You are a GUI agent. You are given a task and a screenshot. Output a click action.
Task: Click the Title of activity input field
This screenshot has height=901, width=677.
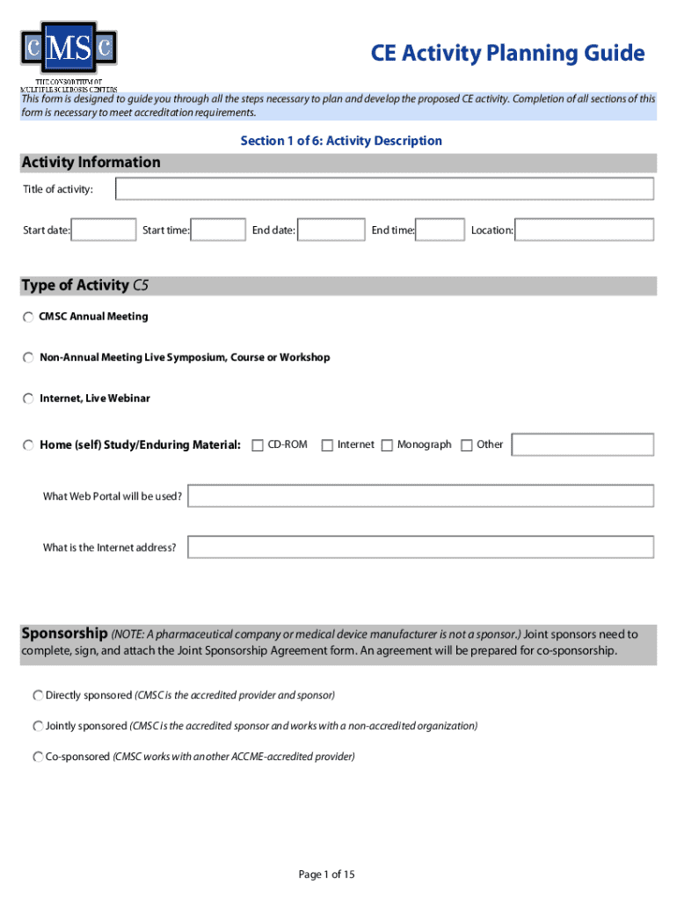click(x=384, y=189)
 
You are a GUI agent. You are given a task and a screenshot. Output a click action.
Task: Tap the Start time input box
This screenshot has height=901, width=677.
click(x=218, y=231)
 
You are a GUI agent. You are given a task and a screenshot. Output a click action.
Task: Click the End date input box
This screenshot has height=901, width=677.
click(x=331, y=231)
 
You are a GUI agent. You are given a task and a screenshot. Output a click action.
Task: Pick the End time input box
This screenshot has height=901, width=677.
click(x=440, y=231)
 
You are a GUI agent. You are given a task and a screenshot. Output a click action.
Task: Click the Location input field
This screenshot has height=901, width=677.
click(x=585, y=231)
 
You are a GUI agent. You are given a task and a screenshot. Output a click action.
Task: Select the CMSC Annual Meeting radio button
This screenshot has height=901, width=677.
click(x=29, y=317)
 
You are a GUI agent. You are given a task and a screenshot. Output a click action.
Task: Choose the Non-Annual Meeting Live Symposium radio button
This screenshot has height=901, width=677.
click(x=29, y=358)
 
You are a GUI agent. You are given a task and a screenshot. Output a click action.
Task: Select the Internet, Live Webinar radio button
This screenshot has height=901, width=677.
click(x=29, y=399)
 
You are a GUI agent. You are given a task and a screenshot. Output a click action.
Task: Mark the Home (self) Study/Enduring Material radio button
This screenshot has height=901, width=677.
click(x=29, y=445)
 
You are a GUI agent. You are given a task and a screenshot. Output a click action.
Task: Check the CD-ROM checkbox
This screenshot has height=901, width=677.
click(x=258, y=445)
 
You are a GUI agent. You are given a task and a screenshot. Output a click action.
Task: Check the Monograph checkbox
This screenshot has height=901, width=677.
click(x=388, y=445)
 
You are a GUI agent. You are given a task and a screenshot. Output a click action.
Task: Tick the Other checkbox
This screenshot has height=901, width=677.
click(x=467, y=445)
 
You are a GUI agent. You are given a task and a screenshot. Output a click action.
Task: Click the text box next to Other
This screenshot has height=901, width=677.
click(x=582, y=445)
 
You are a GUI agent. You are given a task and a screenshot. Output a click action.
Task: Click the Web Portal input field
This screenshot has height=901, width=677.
click(x=420, y=496)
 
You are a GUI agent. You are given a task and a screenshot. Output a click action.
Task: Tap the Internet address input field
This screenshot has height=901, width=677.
click(x=420, y=547)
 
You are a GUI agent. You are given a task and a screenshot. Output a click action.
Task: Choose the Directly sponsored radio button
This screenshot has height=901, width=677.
click(x=38, y=696)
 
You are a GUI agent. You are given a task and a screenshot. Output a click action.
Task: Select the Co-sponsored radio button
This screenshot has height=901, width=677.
click(x=38, y=757)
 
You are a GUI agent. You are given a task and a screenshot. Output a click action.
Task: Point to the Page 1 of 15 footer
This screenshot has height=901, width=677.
click(x=326, y=875)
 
